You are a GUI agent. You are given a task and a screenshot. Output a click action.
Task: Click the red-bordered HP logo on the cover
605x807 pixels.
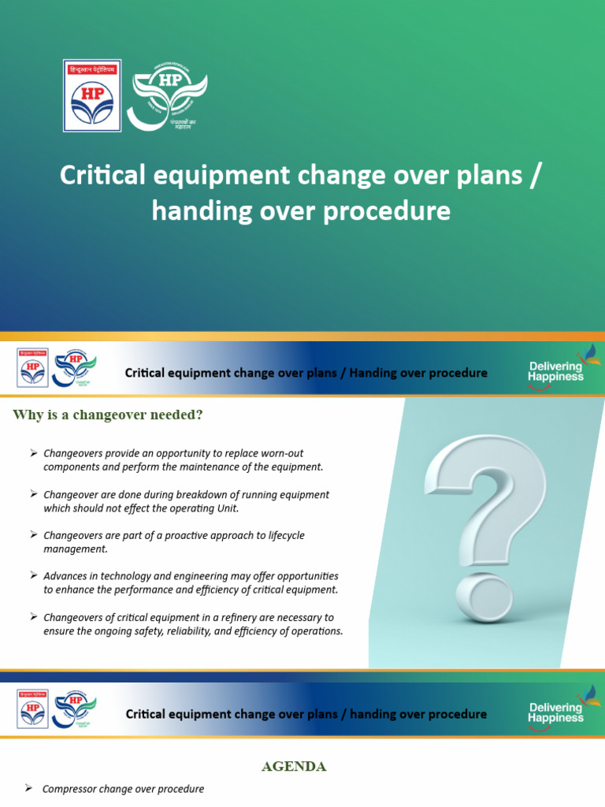pos(92,95)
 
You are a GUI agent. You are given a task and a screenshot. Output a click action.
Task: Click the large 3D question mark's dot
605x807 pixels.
pos(483,601)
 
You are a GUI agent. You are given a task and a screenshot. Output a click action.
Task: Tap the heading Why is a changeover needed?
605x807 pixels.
pos(108,415)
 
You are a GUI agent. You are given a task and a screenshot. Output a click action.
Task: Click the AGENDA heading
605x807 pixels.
pos(294,766)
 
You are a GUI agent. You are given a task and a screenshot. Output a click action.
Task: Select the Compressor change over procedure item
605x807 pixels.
pos(123,789)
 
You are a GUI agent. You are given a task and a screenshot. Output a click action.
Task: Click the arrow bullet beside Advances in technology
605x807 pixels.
pos(34,576)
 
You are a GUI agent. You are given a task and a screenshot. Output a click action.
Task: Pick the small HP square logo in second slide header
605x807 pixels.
pos(32,367)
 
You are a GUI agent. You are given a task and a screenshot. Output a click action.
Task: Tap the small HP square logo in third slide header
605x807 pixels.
pos(32,708)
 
